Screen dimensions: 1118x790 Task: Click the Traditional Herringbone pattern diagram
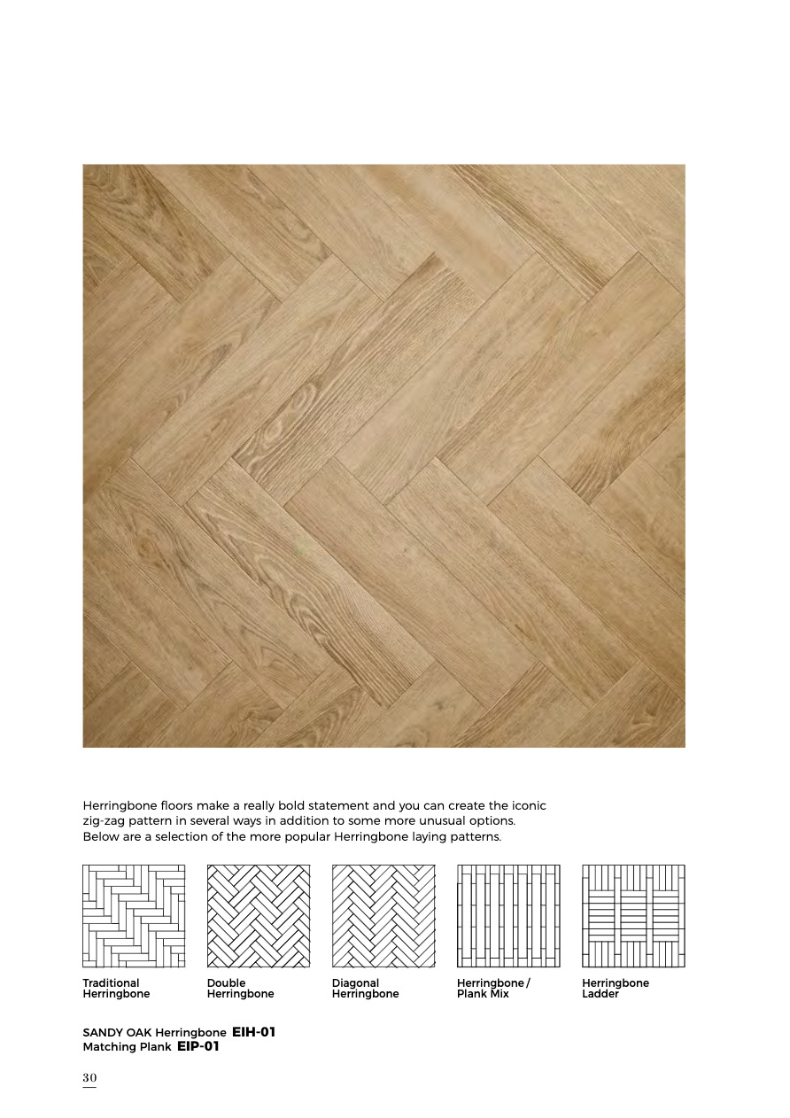pyautogui.click(x=134, y=916)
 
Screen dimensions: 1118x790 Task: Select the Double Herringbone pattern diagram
pyautogui.click(x=259, y=916)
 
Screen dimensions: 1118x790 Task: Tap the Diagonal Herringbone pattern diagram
pyautogui.click(x=383, y=916)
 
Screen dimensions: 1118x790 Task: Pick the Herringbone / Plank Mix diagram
pyautogui.click(x=508, y=916)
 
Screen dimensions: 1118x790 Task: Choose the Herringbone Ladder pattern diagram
pyautogui.click(x=633, y=916)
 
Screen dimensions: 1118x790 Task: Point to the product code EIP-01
pyautogui.click(x=197, y=1046)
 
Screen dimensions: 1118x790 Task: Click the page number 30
pyautogui.click(x=89, y=1077)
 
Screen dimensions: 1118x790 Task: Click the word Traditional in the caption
pyautogui.click(x=111, y=982)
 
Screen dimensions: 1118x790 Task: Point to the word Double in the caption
pyautogui.click(x=227, y=982)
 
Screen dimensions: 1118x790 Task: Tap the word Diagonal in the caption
pyautogui.click(x=355, y=982)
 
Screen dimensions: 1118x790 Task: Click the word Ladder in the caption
pyautogui.click(x=600, y=994)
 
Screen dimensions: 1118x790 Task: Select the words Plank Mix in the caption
pyautogui.click(x=483, y=994)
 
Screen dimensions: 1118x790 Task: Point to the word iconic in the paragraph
pyautogui.click(x=528, y=805)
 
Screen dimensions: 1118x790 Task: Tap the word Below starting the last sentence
pyautogui.click(x=100, y=837)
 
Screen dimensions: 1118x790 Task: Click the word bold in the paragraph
pyautogui.click(x=268, y=805)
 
